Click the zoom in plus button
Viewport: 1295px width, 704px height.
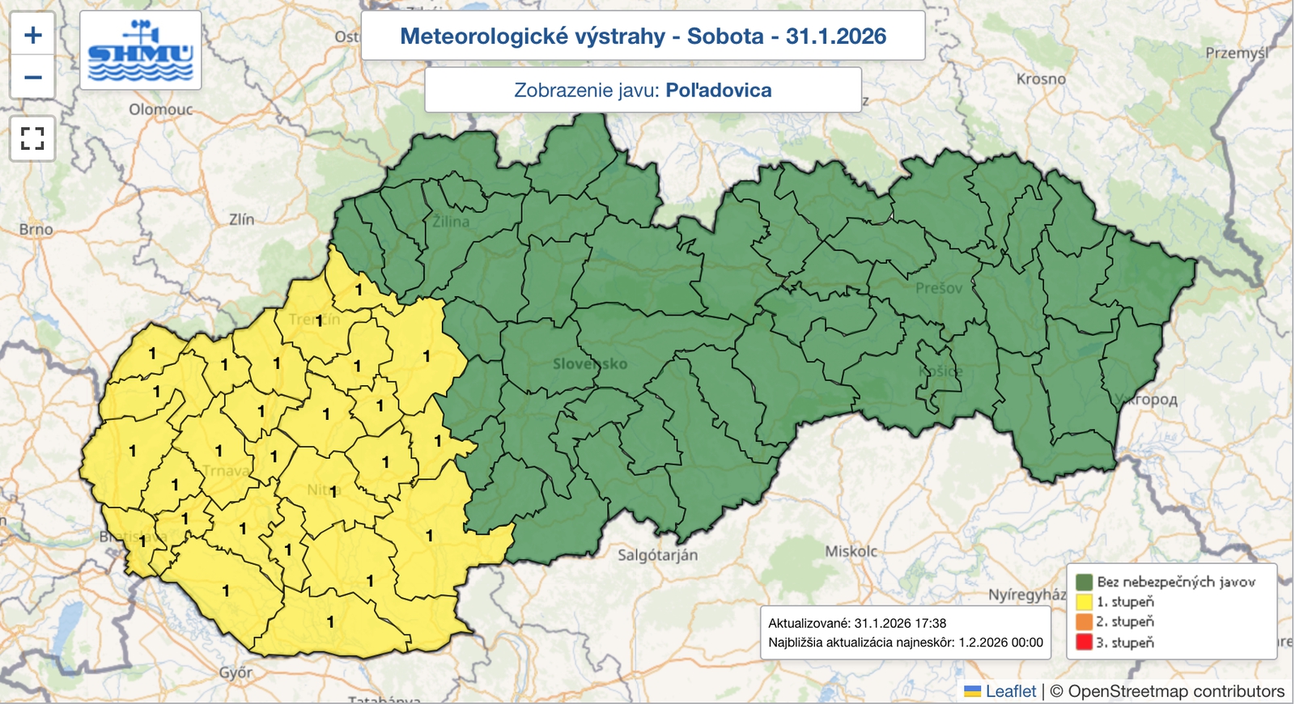[32, 35]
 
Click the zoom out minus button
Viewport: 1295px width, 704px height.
[32, 78]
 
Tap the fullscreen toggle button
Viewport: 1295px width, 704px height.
[32, 138]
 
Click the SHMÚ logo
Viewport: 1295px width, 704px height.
[141, 51]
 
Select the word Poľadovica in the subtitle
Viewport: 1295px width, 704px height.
[719, 90]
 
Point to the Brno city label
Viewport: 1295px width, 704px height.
[36, 230]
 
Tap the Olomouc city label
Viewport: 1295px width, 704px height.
[161, 109]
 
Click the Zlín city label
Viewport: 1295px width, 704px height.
[241, 219]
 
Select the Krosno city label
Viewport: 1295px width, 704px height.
[1041, 79]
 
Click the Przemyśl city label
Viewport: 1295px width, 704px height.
[1236, 53]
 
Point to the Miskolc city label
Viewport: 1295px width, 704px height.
[851, 551]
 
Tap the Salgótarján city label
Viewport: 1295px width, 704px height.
[657, 555]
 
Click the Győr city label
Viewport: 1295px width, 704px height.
[236, 672]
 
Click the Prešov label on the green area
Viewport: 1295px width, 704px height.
[939, 288]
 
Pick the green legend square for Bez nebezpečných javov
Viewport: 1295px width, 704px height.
[1085, 582]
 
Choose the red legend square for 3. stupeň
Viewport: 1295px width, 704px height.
[1085, 643]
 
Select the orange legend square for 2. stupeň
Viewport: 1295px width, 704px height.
[1085, 622]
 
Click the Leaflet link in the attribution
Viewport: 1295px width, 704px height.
[1010, 691]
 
